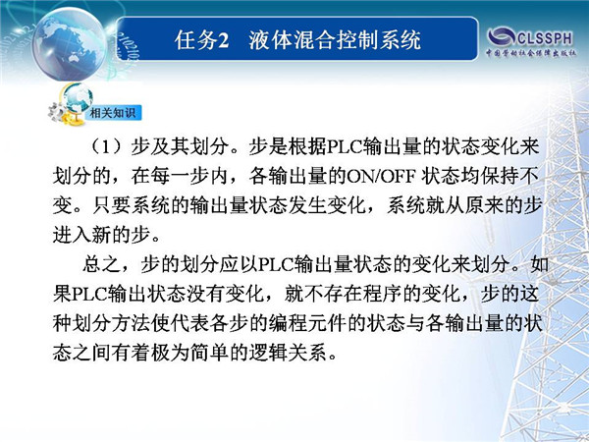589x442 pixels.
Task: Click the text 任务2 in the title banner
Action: pos(201,39)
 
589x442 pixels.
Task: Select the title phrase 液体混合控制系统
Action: pos(335,39)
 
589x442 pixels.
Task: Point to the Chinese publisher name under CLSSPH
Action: pos(531,53)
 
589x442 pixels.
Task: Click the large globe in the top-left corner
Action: pos(69,44)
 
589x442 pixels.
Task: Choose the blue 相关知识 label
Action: pos(113,112)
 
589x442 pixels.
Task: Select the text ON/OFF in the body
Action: pos(381,176)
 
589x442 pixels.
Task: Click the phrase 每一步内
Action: pos(189,176)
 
